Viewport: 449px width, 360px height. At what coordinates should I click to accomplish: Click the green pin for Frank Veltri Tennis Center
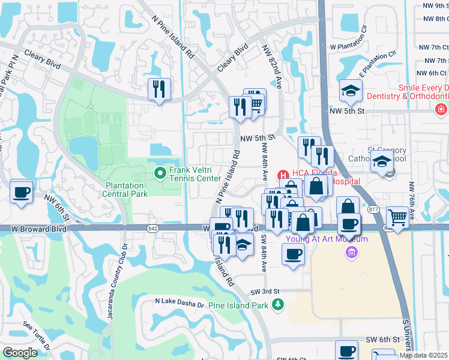click(160, 175)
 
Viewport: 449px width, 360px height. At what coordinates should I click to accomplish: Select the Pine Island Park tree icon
click(277, 305)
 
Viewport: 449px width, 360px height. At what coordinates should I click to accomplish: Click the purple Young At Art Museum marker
click(352, 252)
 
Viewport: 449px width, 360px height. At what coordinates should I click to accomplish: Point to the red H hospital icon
click(282, 175)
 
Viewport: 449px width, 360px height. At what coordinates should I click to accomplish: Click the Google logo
click(20, 353)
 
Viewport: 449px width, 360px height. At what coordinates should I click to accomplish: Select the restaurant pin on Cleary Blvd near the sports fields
click(159, 90)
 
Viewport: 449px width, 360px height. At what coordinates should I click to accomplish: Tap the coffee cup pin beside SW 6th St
click(346, 352)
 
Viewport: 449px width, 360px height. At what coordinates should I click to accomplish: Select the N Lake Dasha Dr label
click(180, 304)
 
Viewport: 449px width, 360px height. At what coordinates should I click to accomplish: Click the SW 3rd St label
click(268, 291)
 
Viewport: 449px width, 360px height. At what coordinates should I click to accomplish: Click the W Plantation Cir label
click(348, 45)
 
